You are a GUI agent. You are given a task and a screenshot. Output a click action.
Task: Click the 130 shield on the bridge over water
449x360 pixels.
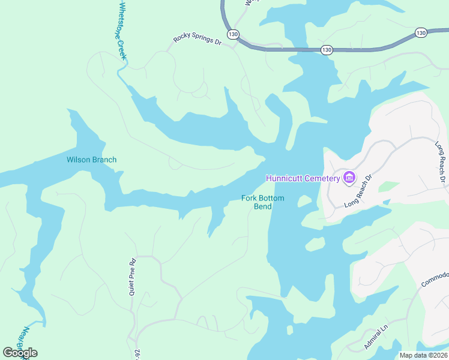pyautogui.click(x=326, y=49)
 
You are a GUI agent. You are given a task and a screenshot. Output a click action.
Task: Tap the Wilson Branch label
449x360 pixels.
pyautogui.click(x=91, y=160)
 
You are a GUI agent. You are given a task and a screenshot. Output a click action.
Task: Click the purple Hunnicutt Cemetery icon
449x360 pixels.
pyautogui.click(x=349, y=178)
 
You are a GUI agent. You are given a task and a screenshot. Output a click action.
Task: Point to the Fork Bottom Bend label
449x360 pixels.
pyautogui.click(x=262, y=202)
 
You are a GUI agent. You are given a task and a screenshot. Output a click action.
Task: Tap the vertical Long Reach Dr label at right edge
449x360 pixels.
pyautogui.click(x=440, y=162)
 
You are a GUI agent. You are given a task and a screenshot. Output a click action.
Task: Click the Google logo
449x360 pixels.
pyautogui.click(x=20, y=353)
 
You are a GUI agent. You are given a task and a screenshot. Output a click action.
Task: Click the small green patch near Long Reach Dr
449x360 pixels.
pyautogui.click(x=389, y=187)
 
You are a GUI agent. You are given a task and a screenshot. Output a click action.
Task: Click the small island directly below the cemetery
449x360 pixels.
pyautogui.click(x=315, y=244)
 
